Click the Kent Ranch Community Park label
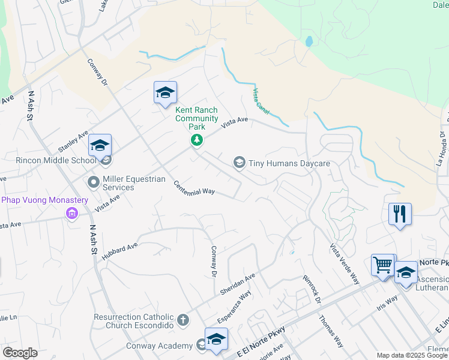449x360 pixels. pos(196,118)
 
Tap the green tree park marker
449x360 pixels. pos(196,140)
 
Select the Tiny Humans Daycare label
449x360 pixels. pos(290,163)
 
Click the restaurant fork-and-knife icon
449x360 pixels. pos(400,214)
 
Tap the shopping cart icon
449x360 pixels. pos(382,264)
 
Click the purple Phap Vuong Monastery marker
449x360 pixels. pos(72,214)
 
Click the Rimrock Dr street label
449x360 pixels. pos(312,288)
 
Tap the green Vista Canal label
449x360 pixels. pos(261,100)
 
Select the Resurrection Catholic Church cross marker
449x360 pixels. pos(182,321)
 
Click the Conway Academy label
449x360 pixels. pos(158,346)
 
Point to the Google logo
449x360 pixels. pos(20,353)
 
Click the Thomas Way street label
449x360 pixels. pos(331,332)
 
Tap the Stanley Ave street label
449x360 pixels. pos(73,142)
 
